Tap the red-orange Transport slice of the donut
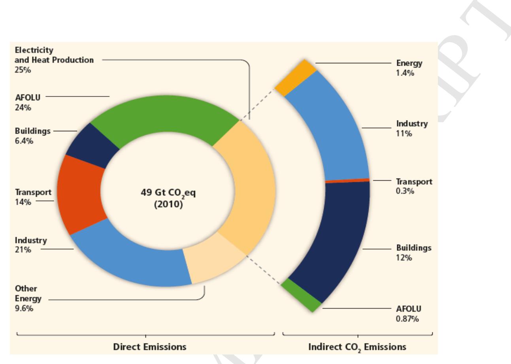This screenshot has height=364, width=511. (81, 194)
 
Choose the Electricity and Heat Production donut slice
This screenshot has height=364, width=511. (247, 186)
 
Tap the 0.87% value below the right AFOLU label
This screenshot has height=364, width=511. (405, 317)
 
